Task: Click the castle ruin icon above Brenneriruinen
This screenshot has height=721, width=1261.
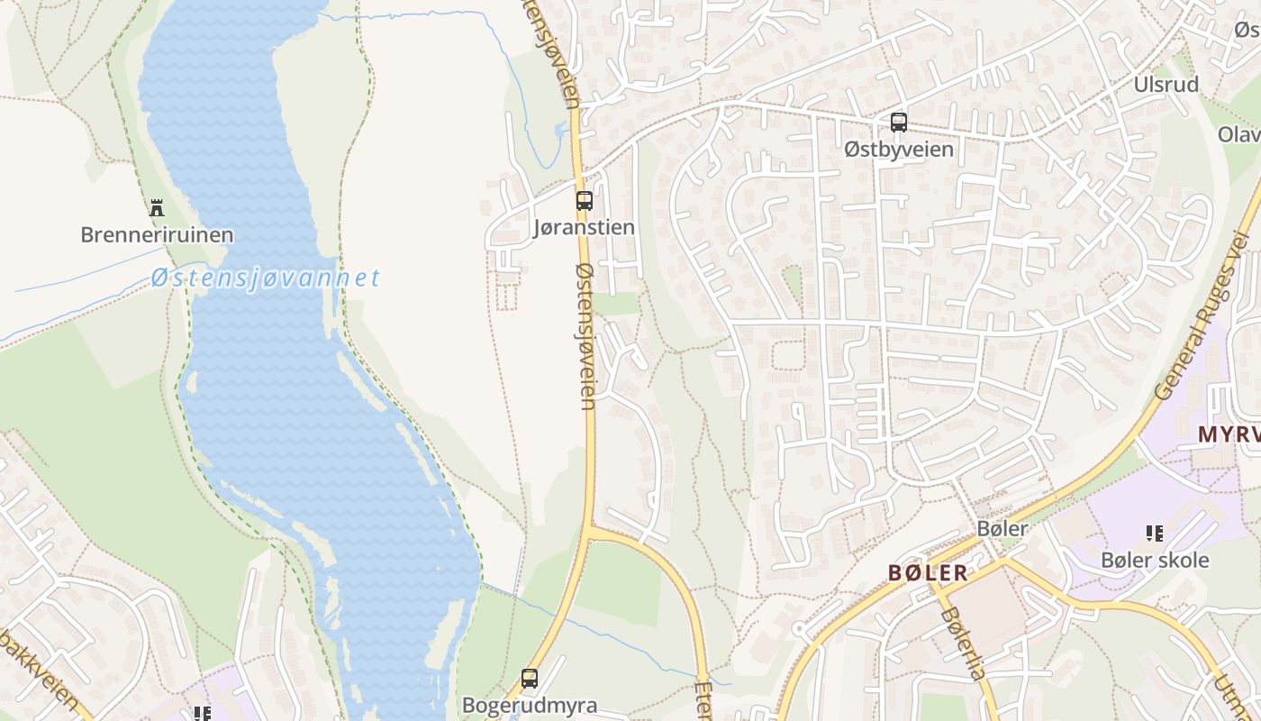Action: coord(157,208)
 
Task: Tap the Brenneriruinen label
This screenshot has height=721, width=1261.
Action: coord(157,235)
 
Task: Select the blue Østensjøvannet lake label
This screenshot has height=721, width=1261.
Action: coord(266,278)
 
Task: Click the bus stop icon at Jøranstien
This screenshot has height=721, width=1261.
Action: coord(585,201)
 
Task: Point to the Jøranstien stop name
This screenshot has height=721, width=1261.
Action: coord(585,227)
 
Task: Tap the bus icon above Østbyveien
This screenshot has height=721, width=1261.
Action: coord(899,123)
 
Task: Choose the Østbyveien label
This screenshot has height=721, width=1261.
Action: coord(899,149)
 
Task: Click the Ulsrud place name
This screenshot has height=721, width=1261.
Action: coord(1166,85)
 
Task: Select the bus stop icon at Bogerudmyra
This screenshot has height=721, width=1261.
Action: coord(530,679)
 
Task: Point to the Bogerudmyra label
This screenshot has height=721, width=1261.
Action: coord(530,705)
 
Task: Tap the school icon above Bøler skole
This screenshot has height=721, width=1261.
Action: coord(1155,534)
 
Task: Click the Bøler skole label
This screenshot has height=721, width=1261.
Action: coord(1155,560)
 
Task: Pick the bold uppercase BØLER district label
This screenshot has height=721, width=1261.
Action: coord(928,572)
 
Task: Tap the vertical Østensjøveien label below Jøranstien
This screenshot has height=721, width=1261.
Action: coord(586,335)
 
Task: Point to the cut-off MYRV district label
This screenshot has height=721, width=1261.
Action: coord(1229,434)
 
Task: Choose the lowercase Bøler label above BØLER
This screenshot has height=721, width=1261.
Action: coord(1002,528)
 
